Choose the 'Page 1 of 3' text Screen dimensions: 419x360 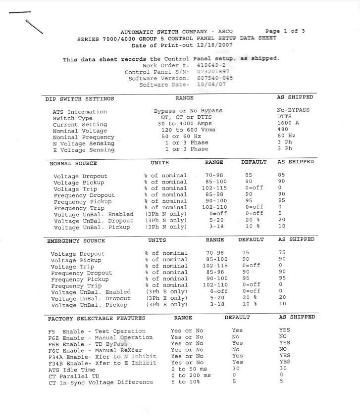[x=285, y=31]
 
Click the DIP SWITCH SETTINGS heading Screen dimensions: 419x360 [x=80, y=99]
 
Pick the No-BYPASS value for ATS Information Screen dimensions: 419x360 [x=293, y=110]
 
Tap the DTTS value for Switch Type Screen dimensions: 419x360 [x=285, y=117]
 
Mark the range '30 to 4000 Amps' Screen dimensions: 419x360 [x=184, y=124]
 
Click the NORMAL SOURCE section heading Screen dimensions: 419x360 [x=73, y=163]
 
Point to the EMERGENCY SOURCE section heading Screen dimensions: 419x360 [x=76, y=241]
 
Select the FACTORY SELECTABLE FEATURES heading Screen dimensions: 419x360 [x=97, y=318]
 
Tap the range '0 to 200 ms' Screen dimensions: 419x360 [x=191, y=375]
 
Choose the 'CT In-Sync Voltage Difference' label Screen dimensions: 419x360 [x=101, y=382]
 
